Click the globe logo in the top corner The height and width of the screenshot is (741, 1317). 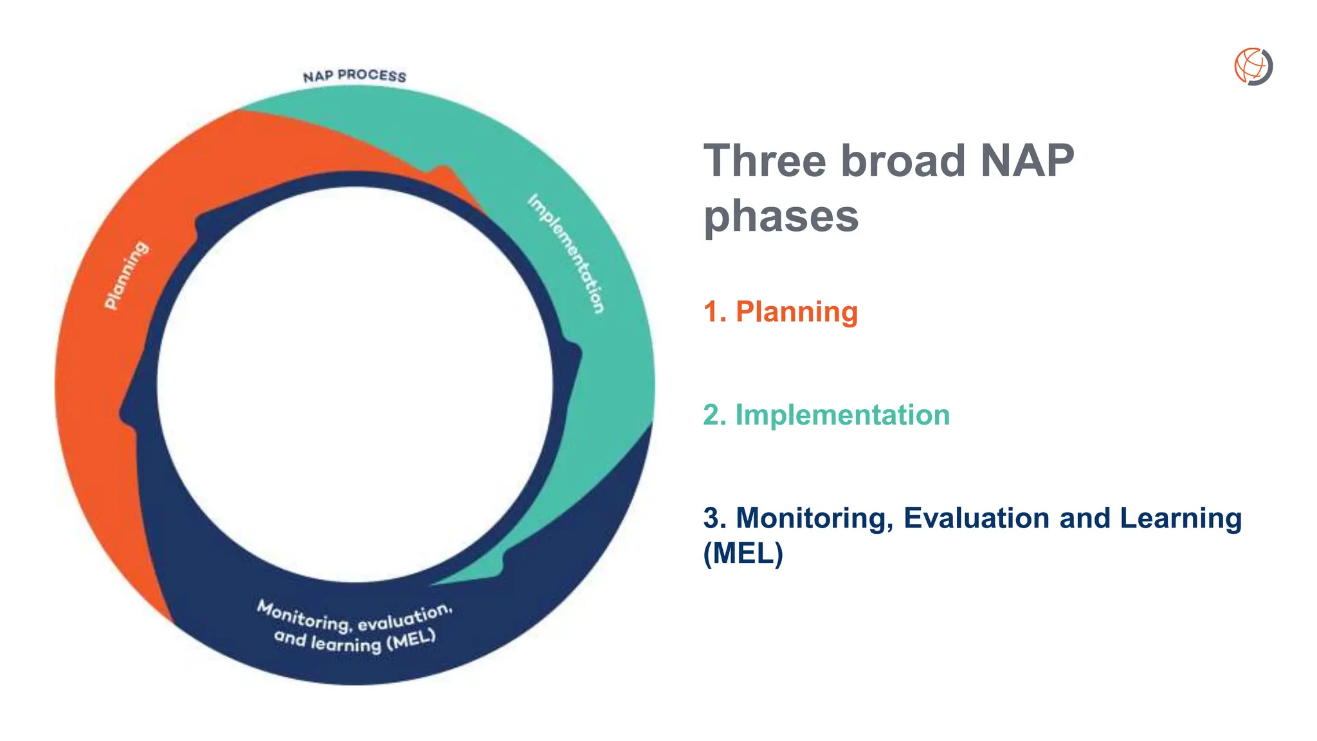click(x=1253, y=66)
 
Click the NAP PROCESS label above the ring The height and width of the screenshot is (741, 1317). click(x=354, y=76)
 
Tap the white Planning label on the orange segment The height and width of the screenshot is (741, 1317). click(x=127, y=275)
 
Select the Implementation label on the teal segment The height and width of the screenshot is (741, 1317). click(x=567, y=253)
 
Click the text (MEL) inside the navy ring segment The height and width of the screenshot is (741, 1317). click(x=411, y=641)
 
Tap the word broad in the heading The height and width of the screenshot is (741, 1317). click(x=903, y=161)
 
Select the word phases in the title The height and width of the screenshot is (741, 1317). click(x=781, y=216)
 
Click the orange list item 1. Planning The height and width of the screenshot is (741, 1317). click(x=781, y=312)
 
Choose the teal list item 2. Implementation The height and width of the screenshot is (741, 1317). click(x=826, y=415)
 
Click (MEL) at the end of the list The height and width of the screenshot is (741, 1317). click(x=743, y=553)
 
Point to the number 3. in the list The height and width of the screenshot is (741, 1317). click(x=714, y=518)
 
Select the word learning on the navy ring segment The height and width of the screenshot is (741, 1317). click(x=345, y=643)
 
